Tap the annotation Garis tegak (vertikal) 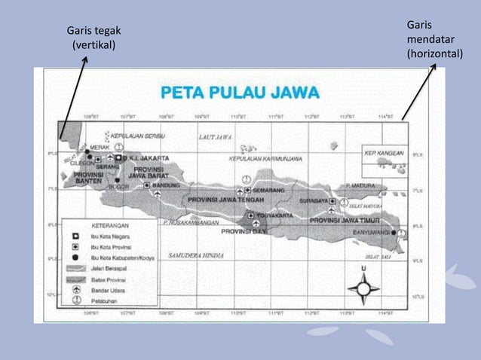93,38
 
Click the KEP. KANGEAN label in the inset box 383,151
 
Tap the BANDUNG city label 166,185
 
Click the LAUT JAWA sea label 215,138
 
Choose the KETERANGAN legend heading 109,224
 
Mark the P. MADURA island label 360,185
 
